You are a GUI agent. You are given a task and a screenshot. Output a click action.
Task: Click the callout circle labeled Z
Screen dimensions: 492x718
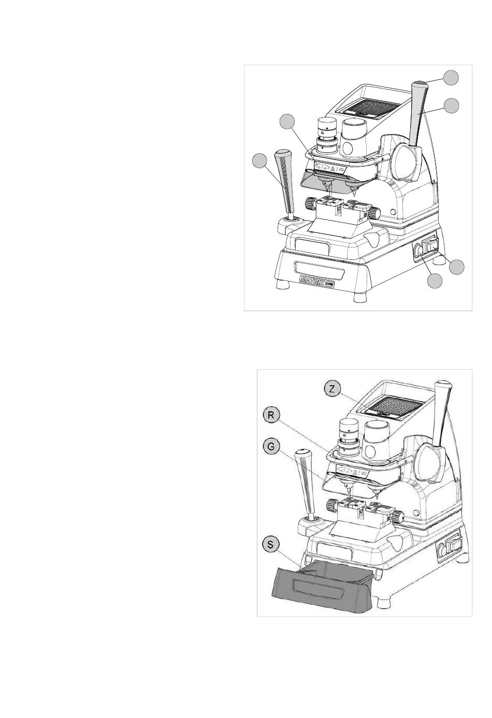[x=332, y=389]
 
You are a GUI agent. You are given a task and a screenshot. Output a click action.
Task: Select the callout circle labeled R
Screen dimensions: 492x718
[x=271, y=415]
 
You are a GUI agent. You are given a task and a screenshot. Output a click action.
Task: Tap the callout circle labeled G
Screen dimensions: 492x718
[x=271, y=447]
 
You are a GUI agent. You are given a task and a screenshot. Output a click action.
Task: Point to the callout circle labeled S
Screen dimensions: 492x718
[x=271, y=545]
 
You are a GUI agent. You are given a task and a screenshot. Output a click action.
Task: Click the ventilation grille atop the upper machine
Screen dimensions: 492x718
[x=372, y=107]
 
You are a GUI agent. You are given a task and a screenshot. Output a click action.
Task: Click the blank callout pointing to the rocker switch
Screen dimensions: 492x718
[x=457, y=267]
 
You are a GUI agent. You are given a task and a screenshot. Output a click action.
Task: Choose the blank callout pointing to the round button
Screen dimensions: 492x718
[x=435, y=281]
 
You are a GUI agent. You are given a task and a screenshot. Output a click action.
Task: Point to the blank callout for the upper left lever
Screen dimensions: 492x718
[x=259, y=161]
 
